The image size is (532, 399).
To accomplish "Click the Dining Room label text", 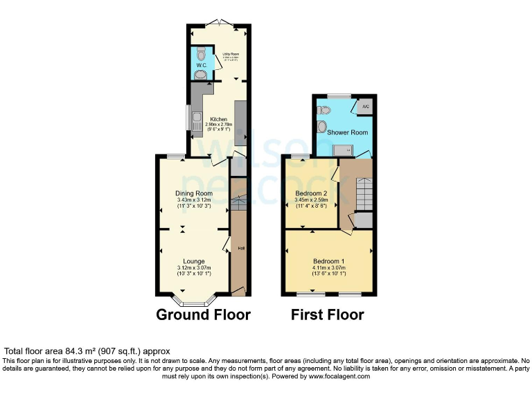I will [193, 193].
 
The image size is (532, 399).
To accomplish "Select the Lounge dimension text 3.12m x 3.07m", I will [193, 268].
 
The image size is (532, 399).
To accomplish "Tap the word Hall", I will [241, 248].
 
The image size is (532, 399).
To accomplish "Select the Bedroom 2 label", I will [311, 193].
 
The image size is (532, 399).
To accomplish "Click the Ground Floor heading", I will [203, 314].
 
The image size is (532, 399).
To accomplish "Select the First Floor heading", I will [327, 314].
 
